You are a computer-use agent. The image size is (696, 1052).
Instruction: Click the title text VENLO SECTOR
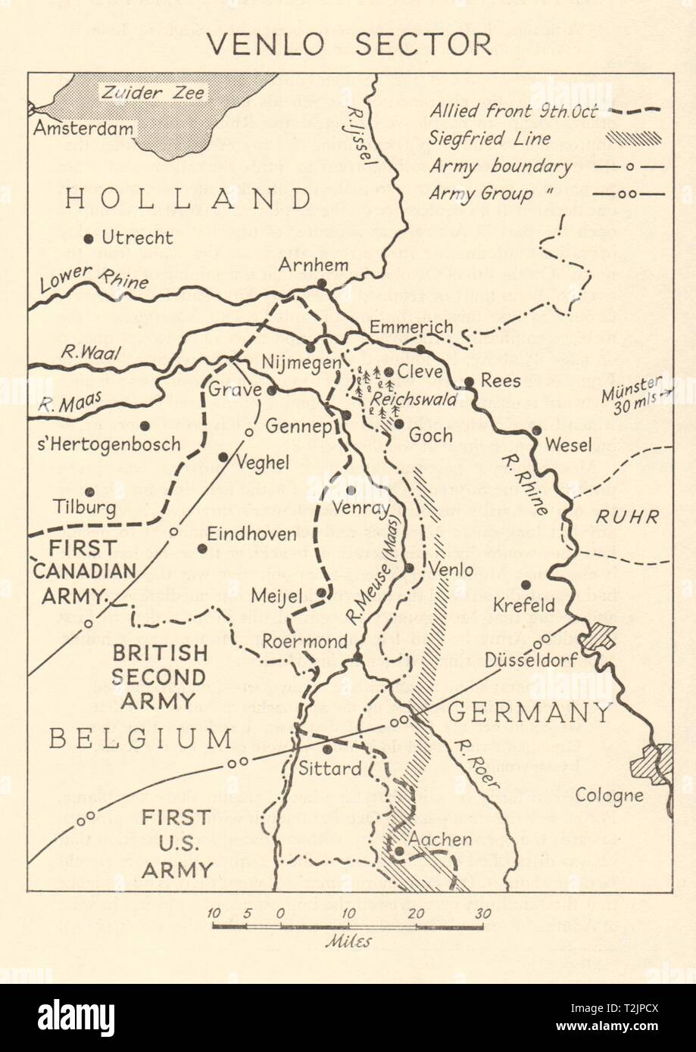(x=348, y=45)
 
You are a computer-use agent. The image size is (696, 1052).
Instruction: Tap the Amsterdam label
(x=83, y=128)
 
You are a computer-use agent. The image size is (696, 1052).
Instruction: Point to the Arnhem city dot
(x=322, y=283)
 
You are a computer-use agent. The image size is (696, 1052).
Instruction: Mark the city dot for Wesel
(x=536, y=430)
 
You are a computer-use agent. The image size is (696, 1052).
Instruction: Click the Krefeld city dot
(x=526, y=584)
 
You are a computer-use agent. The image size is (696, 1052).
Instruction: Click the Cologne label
(x=609, y=795)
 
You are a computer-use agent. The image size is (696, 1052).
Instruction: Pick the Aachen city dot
(x=399, y=850)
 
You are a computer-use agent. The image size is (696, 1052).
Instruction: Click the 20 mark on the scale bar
(x=415, y=913)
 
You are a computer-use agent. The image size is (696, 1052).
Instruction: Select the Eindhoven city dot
(x=202, y=549)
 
